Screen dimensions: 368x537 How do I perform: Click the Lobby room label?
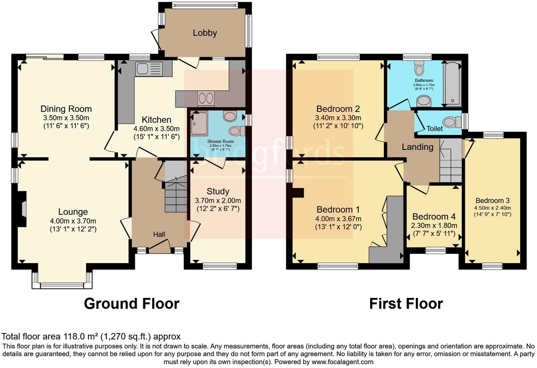205,33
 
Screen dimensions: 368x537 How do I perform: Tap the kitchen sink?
149,69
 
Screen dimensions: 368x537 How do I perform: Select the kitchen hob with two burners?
206,98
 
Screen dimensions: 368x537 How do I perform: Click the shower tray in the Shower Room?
199,123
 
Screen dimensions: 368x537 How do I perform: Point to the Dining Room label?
66,109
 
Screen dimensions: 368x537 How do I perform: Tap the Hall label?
159,234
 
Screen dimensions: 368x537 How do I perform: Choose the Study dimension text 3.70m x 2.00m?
218,201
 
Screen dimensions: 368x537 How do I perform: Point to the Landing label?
417,147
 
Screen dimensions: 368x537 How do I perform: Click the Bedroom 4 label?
434,217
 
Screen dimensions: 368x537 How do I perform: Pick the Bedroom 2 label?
338,109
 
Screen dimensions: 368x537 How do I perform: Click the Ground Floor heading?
131,304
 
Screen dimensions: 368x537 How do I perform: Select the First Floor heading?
406,304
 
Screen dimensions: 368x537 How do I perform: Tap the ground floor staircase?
176,193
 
